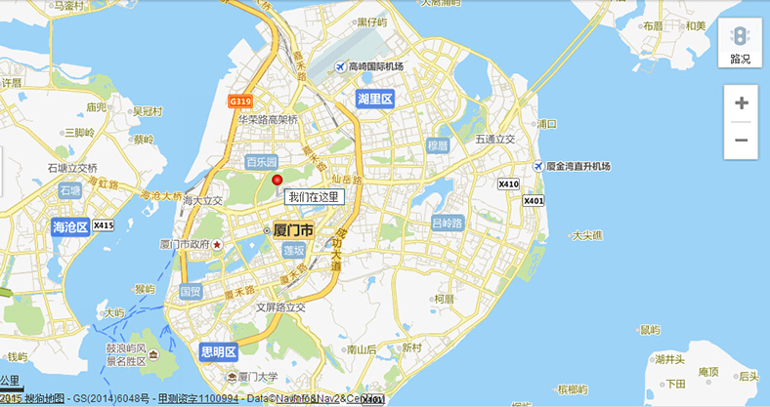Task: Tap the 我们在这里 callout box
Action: tap(314, 197)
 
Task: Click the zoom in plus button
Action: tap(741, 102)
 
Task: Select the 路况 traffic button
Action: tap(741, 44)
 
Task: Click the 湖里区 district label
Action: tap(374, 99)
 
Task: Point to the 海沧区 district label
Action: tap(70, 226)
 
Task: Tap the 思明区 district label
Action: tap(218, 351)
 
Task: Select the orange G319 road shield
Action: tap(240, 101)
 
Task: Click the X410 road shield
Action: tap(508, 183)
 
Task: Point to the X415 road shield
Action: tap(104, 226)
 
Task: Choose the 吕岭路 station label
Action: tap(449, 223)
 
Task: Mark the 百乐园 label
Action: tap(261, 161)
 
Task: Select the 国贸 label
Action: tap(191, 291)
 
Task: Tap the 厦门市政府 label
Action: tap(186, 244)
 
